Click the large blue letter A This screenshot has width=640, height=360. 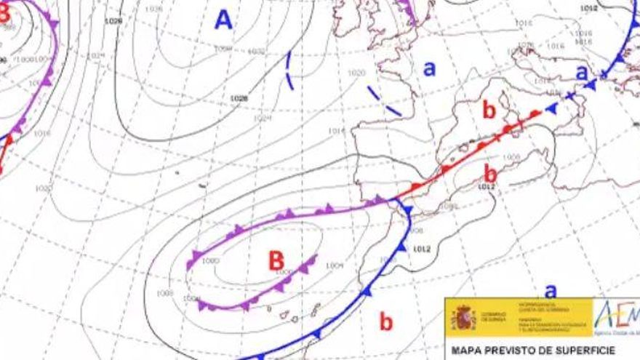(x=223, y=20)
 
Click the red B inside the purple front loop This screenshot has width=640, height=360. (x=276, y=260)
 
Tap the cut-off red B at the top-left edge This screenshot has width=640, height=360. (x=4, y=13)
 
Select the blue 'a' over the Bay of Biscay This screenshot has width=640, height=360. (x=430, y=68)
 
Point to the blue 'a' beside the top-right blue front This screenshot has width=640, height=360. (x=581, y=72)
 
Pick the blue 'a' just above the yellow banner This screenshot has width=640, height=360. (x=551, y=291)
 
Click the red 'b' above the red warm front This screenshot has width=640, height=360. (x=489, y=111)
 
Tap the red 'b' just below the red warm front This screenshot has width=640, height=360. (x=491, y=173)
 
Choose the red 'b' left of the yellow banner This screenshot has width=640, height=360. (x=385, y=320)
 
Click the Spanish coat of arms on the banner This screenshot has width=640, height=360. (x=463, y=317)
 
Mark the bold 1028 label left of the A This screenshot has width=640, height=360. (x=113, y=21)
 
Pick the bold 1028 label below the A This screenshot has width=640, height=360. (x=239, y=98)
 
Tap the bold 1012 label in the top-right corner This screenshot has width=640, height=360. (x=590, y=8)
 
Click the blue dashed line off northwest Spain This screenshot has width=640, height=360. (x=384, y=101)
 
